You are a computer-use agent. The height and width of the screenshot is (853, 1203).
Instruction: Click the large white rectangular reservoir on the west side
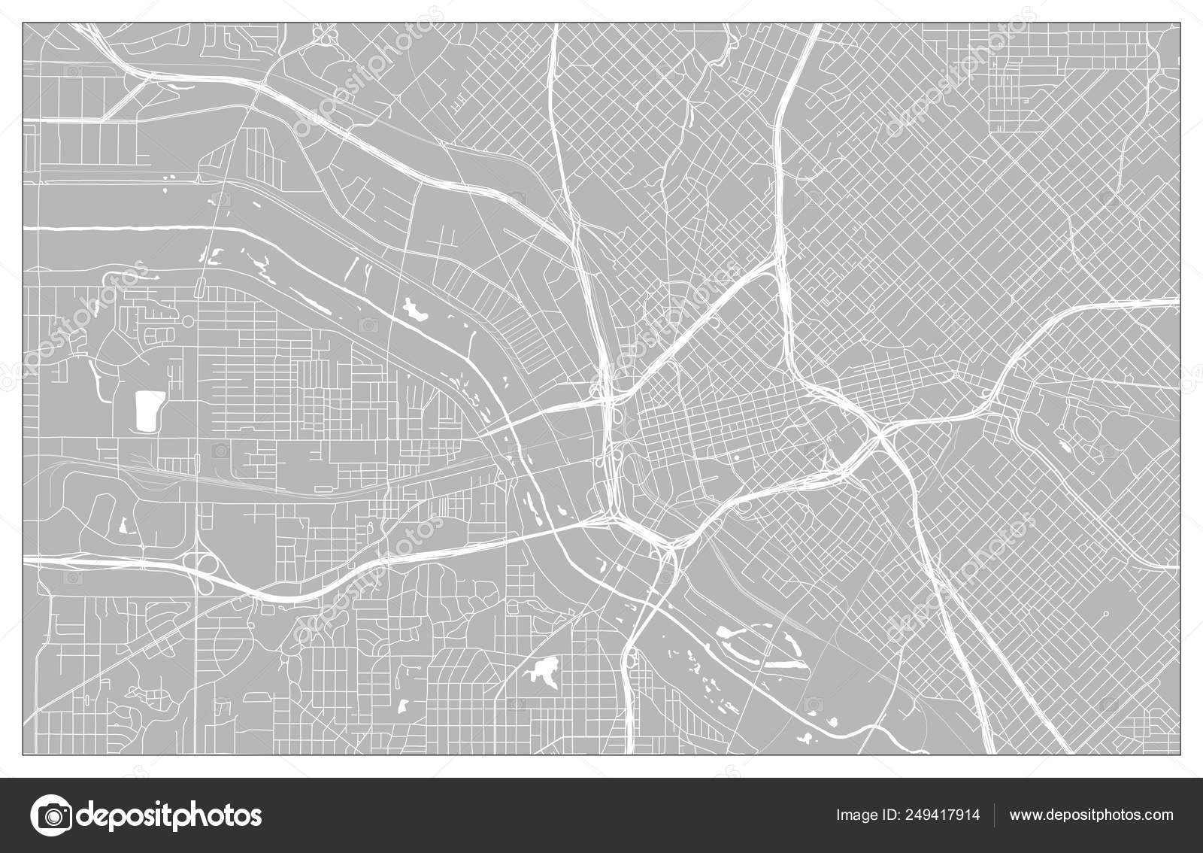pos(149,411)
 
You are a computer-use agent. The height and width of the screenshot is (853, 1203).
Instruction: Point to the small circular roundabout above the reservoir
pos(187,321)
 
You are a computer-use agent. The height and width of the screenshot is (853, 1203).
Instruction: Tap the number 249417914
pos(939,815)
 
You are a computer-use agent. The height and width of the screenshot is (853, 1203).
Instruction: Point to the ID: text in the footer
pos(892,815)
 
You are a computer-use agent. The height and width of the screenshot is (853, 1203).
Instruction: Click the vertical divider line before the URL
pos(995,815)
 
